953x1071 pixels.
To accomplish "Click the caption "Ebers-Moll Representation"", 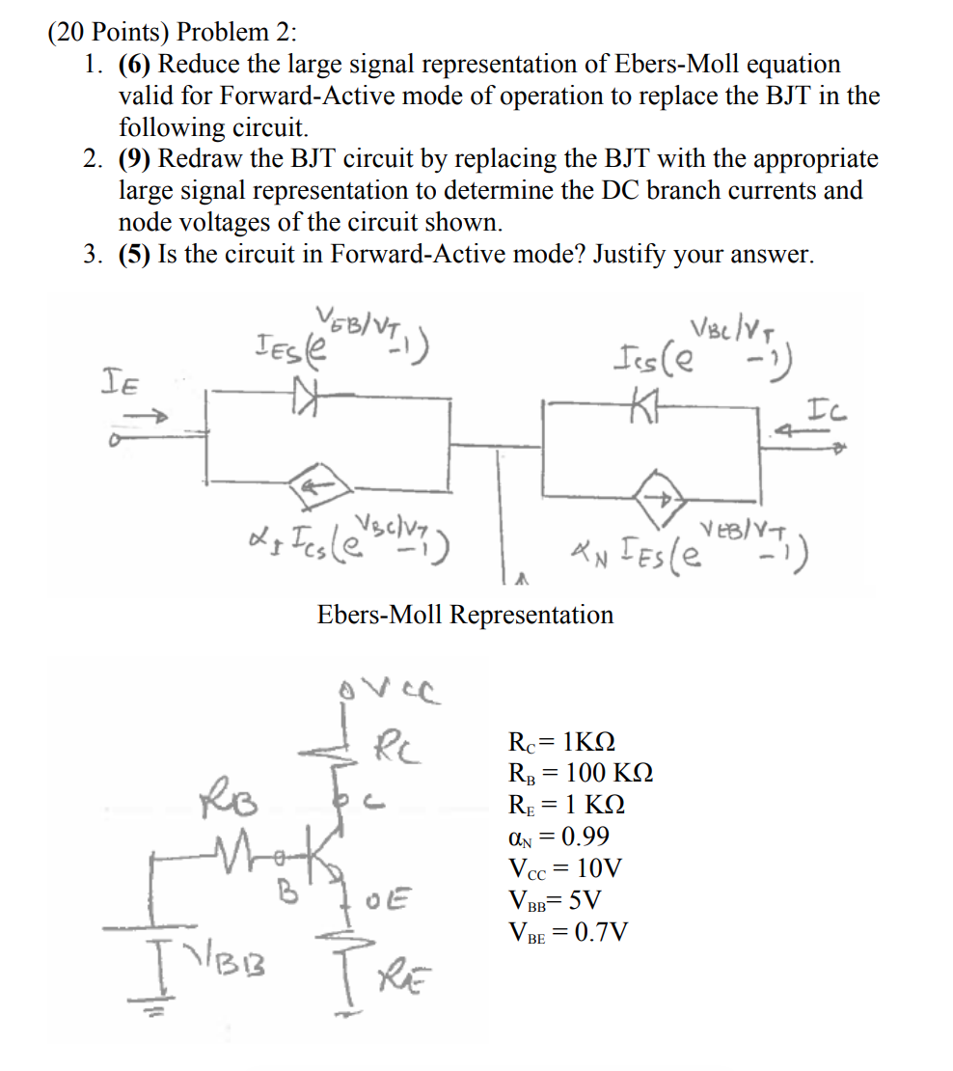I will pos(465,615).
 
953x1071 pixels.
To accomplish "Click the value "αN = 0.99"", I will pos(558,837).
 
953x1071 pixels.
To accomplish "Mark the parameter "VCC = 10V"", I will pos(564,868).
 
